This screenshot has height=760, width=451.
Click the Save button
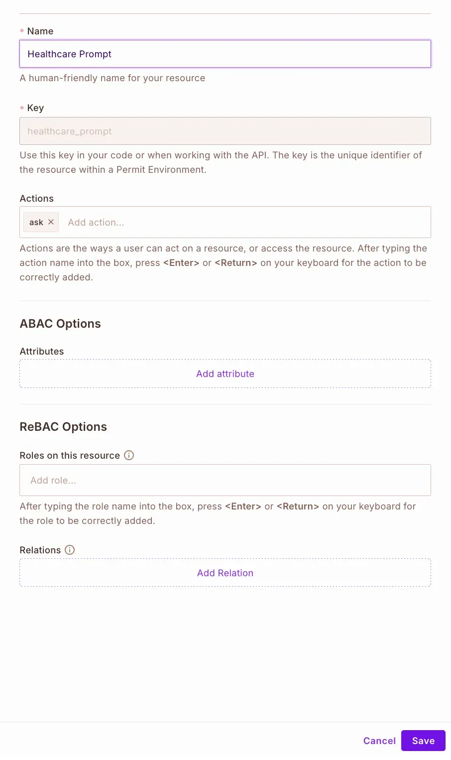pyautogui.click(x=423, y=741)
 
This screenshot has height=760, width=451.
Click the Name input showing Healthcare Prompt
pyautogui.click(x=225, y=54)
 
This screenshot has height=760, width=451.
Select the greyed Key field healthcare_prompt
pyautogui.click(x=225, y=131)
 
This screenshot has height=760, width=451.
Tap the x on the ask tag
pyautogui.click(x=51, y=222)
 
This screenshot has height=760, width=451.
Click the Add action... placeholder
pyautogui.click(x=96, y=222)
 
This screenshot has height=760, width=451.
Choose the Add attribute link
pyautogui.click(x=225, y=374)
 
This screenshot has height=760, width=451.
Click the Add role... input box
pyautogui.click(x=225, y=480)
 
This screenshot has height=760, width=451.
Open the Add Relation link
pyautogui.click(x=225, y=573)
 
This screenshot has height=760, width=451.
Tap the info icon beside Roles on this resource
pyautogui.click(x=129, y=455)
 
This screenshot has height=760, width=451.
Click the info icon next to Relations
pyautogui.click(x=70, y=550)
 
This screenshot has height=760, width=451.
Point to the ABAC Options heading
pyautogui.click(x=60, y=324)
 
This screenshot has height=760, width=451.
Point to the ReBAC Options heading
pyautogui.click(x=63, y=427)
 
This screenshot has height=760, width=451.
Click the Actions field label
pyautogui.click(x=37, y=198)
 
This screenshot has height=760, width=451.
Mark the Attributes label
pyautogui.click(x=42, y=351)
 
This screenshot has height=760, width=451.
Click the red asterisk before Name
pyautogui.click(x=22, y=31)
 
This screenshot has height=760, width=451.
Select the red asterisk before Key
pyautogui.click(x=22, y=108)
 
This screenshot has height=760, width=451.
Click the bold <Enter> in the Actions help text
pyautogui.click(x=181, y=262)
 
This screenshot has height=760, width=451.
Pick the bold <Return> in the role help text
pyautogui.click(x=298, y=506)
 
